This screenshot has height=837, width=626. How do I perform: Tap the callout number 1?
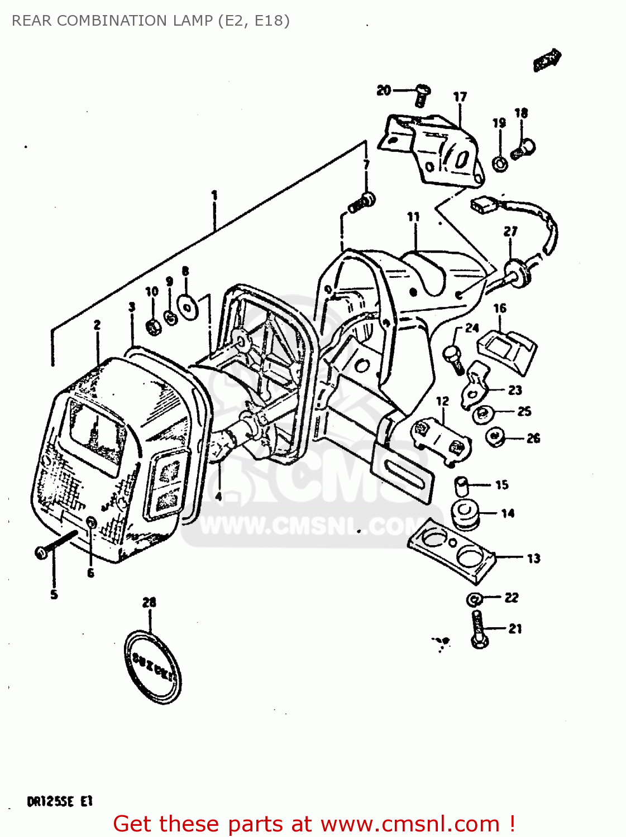pos(214,196)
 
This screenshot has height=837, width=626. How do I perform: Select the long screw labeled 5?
pos(56,544)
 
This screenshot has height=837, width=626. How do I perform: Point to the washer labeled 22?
pos(474,599)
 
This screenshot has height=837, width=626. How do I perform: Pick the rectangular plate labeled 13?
pos(451,550)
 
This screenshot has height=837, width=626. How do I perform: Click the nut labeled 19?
pos(500,164)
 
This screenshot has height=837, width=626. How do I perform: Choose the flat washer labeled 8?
pos(187,306)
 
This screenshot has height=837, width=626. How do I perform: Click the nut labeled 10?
pos(153,326)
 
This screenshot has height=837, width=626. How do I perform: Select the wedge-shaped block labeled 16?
pos(507,349)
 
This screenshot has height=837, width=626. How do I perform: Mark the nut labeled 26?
pos(494,437)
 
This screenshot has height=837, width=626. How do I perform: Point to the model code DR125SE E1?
pos(59,802)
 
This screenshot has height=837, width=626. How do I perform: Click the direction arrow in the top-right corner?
pos(547,60)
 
